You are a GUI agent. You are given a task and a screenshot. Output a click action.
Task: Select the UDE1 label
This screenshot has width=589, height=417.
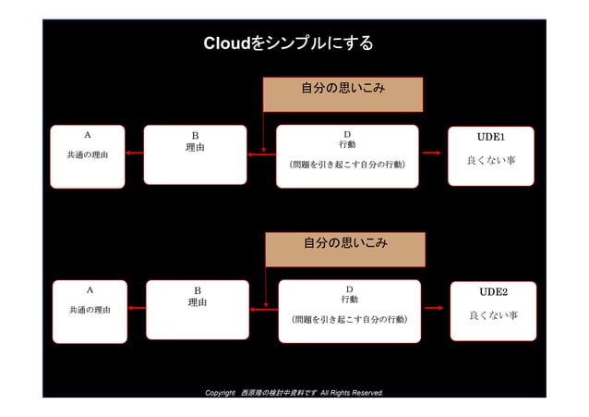(x=491, y=137)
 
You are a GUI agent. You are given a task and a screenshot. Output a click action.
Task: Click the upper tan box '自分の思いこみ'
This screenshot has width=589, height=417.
(x=343, y=89)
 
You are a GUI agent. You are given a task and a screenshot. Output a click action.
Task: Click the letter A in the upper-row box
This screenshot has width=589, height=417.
(x=88, y=134)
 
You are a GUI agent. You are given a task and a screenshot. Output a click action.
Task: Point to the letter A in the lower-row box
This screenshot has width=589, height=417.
(x=90, y=289)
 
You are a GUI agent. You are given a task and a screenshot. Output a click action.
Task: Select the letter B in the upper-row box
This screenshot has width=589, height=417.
(x=195, y=135)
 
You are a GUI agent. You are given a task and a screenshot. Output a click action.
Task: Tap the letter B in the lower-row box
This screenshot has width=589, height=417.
(x=197, y=290)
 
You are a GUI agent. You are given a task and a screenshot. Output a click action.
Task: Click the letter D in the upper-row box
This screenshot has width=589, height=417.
(x=347, y=133)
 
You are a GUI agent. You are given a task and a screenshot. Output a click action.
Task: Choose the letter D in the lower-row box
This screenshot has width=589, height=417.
(x=349, y=288)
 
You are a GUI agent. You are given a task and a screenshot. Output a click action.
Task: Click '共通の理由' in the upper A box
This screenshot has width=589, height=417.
(x=88, y=155)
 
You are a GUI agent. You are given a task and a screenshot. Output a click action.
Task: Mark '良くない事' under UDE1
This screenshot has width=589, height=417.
(x=491, y=161)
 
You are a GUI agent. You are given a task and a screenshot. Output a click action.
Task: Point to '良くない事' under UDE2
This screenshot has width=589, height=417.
(x=493, y=315)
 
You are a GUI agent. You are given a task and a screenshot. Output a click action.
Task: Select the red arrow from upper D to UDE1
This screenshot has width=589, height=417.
(x=431, y=154)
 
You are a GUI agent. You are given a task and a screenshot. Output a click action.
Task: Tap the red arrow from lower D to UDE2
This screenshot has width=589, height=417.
(x=433, y=309)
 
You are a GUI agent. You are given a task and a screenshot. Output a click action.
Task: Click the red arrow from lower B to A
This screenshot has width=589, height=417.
(x=137, y=309)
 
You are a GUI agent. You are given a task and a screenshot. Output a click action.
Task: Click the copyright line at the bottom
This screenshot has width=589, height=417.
(x=294, y=393)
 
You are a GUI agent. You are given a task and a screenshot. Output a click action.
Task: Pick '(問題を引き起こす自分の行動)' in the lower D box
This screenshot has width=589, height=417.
(x=349, y=319)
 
